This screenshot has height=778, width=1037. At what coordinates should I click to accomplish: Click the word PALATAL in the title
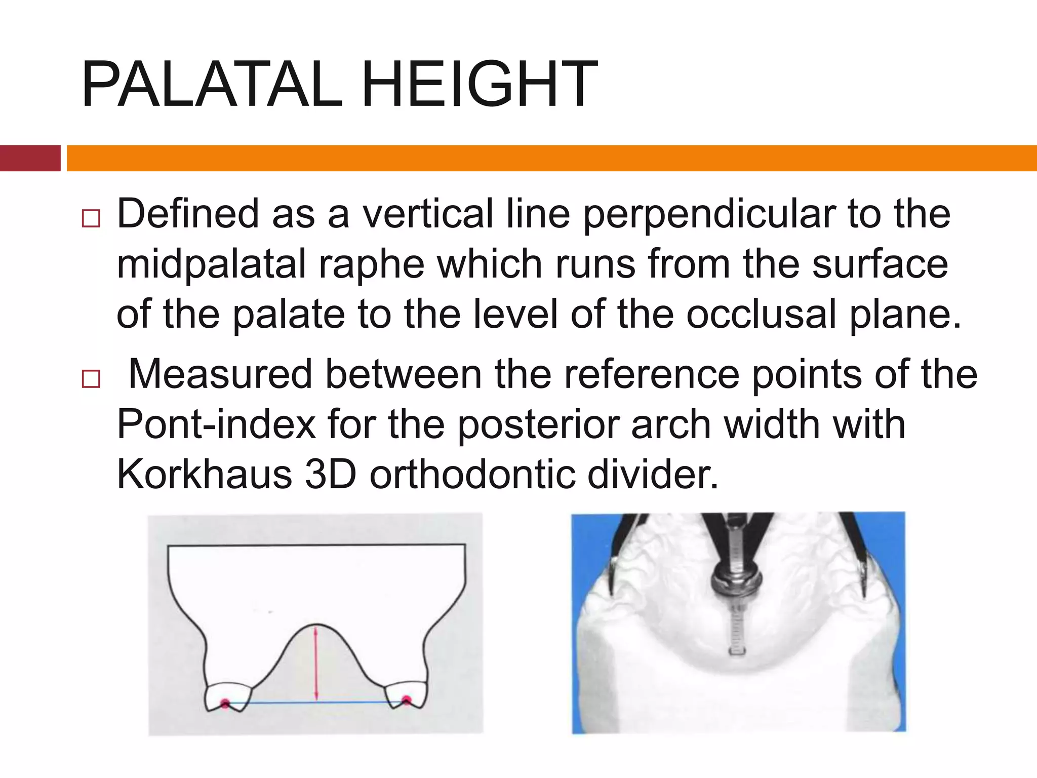[x=212, y=85]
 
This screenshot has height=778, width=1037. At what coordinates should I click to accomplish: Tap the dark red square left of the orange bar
[x=30, y=158]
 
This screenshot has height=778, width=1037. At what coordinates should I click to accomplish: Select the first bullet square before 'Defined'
[x=91, y=219]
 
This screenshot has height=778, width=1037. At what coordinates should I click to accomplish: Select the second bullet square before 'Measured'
[x=91, y=379]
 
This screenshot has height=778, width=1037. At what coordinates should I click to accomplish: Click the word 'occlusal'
[x=761, y=315]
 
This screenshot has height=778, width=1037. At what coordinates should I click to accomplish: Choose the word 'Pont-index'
[x=216, y=424]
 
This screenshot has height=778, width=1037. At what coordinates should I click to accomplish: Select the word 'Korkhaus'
[x=204, y=475]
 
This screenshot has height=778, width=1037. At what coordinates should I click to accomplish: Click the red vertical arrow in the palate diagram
[x=316, y=664]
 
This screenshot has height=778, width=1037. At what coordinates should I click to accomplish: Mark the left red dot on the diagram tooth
[x=225, y=703]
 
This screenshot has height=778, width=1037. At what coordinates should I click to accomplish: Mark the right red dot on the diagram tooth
[x=406, y=701]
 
